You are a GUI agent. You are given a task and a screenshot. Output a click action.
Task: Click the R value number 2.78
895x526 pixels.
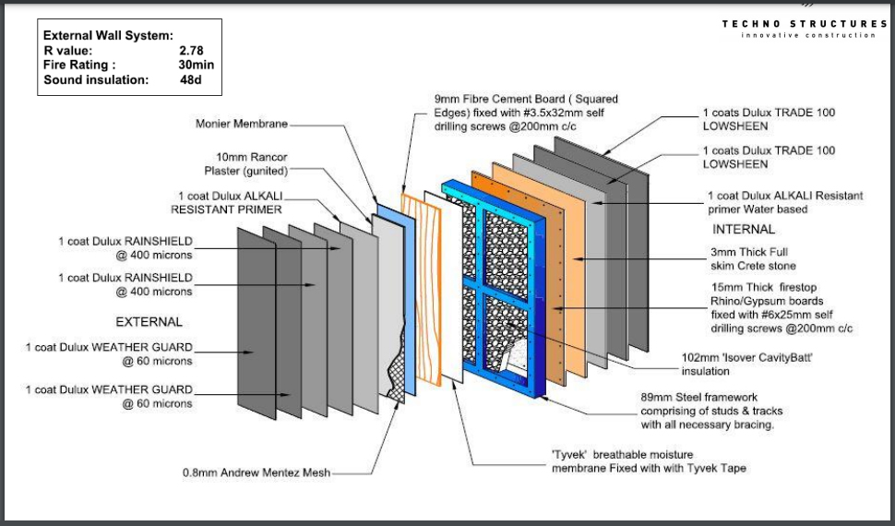pyautogui.click(x=191, y=51)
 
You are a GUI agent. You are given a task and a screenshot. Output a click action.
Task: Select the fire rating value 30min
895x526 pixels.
pyautogui.click(x=196, y=66)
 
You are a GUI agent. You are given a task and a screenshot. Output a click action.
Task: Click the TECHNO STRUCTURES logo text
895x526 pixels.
pyautogui.click(x=804, y=24)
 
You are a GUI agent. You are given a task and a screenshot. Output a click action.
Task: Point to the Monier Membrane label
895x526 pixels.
pyautogui.click(x=242, y=123)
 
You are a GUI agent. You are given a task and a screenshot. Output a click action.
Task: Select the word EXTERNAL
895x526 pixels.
pyautogui.click(x=149, y=322)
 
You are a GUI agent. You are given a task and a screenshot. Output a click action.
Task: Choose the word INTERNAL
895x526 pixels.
pyautogui.click(x=745, y=229)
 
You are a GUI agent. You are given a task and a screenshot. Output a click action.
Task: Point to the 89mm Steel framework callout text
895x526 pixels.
pyautogui.click(x=708, y=412)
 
